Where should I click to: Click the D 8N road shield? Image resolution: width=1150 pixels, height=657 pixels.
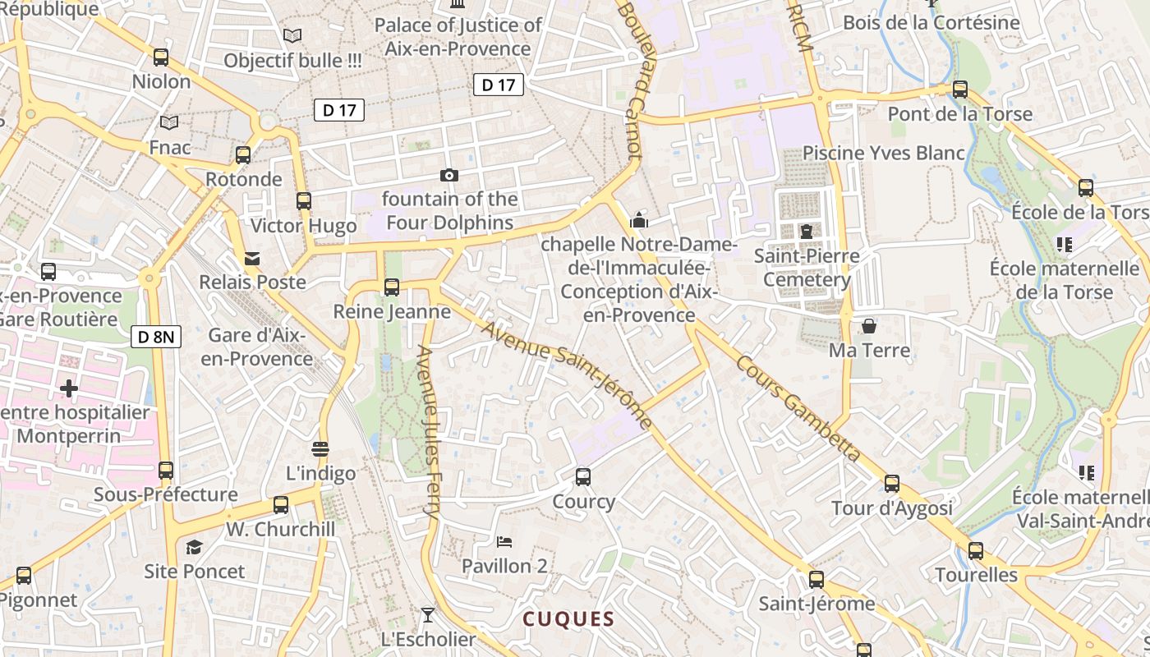155,336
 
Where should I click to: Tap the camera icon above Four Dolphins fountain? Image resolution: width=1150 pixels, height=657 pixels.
448,175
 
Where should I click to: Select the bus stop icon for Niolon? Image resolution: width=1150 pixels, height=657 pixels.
161,57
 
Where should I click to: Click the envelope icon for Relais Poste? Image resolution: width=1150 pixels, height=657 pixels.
252,259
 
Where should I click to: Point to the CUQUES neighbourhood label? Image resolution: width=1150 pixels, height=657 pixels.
569,619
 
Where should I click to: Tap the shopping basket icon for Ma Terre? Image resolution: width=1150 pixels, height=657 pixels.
868,326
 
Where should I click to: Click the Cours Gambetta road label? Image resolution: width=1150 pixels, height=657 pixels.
798,408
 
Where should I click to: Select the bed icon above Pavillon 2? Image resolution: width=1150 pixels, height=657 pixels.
504,542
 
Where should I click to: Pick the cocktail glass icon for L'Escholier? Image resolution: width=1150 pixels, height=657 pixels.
427,614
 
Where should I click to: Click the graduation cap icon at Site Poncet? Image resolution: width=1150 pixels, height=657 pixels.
194,547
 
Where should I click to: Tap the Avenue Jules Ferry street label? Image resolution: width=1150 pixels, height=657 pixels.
429,430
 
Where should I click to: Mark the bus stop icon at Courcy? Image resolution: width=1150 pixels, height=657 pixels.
583,476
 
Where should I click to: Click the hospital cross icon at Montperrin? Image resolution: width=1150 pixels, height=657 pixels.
69,387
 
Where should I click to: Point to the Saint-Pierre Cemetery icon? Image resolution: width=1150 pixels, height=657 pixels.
806,232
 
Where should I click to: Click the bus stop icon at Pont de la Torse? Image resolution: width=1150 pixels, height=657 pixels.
959,89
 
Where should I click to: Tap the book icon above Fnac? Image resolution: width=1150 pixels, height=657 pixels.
169,123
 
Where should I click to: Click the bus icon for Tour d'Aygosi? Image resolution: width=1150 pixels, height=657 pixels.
892,484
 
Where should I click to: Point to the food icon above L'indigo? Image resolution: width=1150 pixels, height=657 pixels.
320,448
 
